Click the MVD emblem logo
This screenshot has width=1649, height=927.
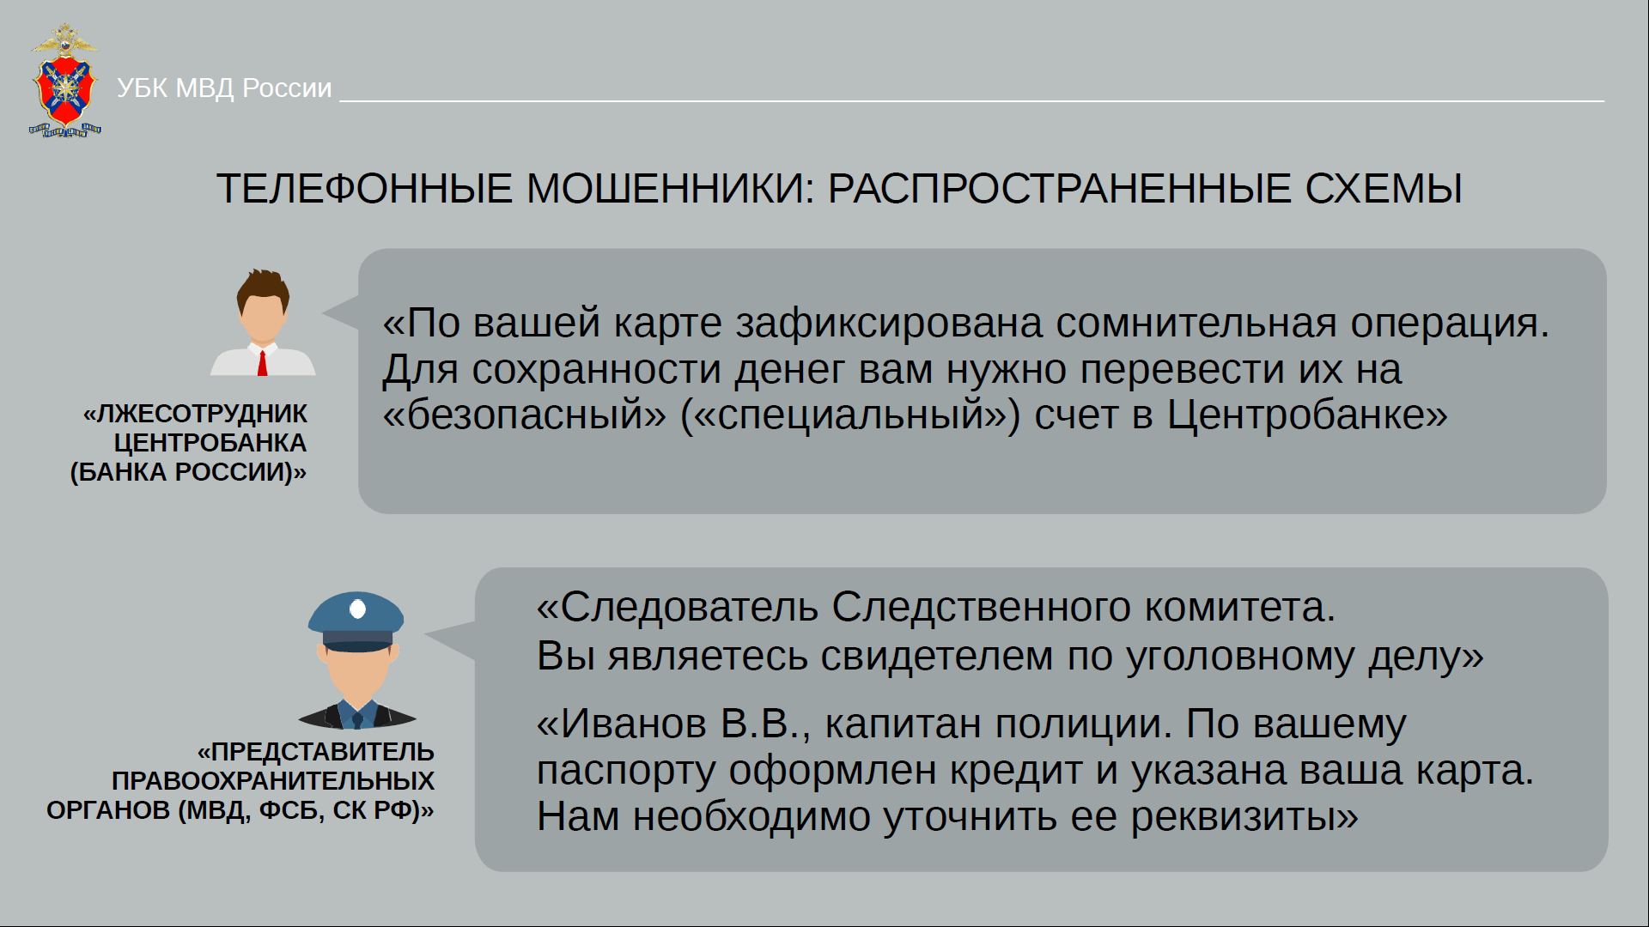[x=65, y=81]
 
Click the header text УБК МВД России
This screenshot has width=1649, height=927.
[x=224, y=88]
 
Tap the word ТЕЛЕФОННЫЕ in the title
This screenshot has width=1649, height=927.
[x=364, y=189]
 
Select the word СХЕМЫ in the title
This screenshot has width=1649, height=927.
[x=1384, y=189]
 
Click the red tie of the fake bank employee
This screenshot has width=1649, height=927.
[x=262, y=362]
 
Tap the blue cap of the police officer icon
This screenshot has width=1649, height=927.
[x=356, y=620]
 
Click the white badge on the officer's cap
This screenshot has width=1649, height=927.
[x=358, y=609]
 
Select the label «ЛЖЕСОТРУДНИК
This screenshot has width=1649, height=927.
[x=195, y=414]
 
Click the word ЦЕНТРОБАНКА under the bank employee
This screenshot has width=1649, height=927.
[x=210, y=443]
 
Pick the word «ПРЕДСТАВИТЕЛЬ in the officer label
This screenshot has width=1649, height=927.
[x=316, y=752]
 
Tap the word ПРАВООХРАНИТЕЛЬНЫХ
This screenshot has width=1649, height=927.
[x=273, y=781]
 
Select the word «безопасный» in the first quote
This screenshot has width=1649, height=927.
[x=524, y=415]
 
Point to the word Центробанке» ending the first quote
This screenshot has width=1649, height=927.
[x=1307, y=415]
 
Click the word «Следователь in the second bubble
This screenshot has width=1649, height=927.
[x=678, y=607]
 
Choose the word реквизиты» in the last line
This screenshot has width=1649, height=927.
[x=1244, y=817]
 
